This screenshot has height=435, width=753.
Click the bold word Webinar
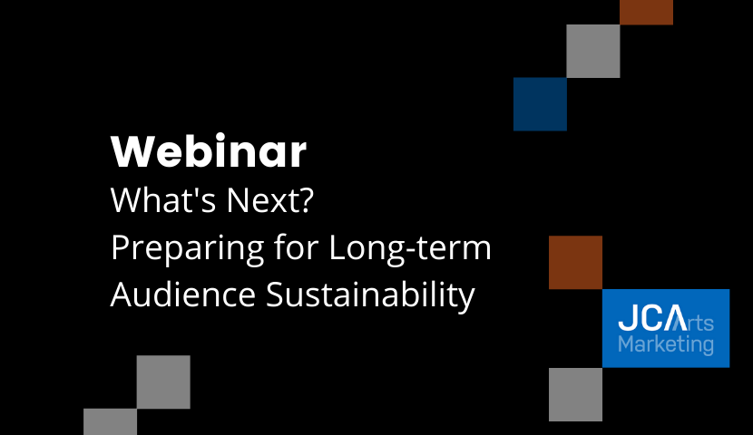(x=209, y=151)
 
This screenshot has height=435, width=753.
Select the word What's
(x=163, y=199)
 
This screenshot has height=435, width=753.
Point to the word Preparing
(x=187, y=248)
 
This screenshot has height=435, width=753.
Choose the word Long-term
(x=410, y=248)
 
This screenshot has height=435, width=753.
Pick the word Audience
(x=183, y=294)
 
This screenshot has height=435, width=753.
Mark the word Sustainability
(x=370, y=295)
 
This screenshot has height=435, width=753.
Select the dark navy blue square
(x=541, y=104)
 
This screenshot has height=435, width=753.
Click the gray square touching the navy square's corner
(x=593, y=51)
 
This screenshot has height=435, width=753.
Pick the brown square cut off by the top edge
(x=646, y=13)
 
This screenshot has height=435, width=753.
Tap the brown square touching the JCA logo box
(x=575, y=262)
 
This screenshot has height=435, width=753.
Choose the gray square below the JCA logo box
(x=575, y=394)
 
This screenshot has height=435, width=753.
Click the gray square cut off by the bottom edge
(x=110, y=422)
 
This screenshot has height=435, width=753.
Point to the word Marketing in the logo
(x=666, y=345)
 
